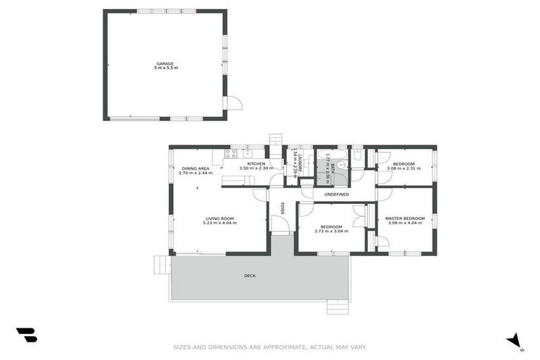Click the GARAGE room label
click(x=165, y=63)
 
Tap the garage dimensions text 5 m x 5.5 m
click(x=165, y=68)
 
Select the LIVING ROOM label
click(x=219, y=219)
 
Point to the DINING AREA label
click(x=195, y=169)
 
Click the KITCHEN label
click(x=255, y=164)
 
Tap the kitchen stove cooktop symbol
click(x=231, y=154)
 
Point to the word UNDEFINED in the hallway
click(x=337, y=194)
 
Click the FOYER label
click(x=283, y=208)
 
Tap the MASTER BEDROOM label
click(x=404, y=219)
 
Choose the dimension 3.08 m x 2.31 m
click(x=404, y=169)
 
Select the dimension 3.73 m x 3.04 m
click(x=330, y=231)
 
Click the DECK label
click(x=250, y=276)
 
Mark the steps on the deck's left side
click(x=162, y=264)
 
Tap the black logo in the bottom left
click(x=26, y=335)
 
